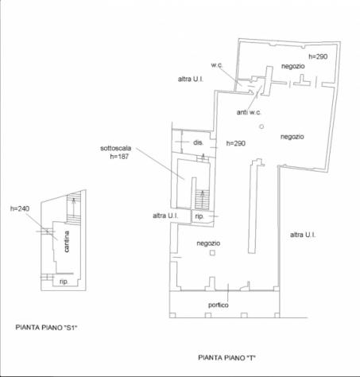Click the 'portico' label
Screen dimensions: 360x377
click(219, 305)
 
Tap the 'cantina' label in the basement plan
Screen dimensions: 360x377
click(67, 241)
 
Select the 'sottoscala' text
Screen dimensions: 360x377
click(116, 148)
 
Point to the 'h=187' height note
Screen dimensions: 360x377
click(119, 157)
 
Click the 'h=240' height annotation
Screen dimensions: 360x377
click(20, 208)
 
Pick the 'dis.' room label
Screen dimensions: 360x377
click(198, 142)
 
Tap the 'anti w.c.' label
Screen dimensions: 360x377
click(249, 112)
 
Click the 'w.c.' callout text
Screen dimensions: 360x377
click(217, 65)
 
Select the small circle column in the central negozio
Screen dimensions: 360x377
click(261, 126)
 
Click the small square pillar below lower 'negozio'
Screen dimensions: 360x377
click(212, 253)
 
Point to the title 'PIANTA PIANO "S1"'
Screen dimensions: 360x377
click(46, 328)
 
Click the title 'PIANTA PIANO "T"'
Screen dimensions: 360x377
click(226, 358)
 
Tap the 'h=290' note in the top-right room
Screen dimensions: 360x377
click(318, 56)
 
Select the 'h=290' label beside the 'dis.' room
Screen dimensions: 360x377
click(236, 143)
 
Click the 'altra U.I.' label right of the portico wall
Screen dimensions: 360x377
click(303, 235)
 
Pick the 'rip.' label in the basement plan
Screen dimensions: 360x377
click(64, 282)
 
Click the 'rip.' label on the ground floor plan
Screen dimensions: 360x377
click(199, 216)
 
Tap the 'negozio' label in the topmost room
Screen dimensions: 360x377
click(293, 66)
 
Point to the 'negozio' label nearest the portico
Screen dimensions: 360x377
click(208, 243)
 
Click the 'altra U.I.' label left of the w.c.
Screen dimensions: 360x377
click(191, 79)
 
